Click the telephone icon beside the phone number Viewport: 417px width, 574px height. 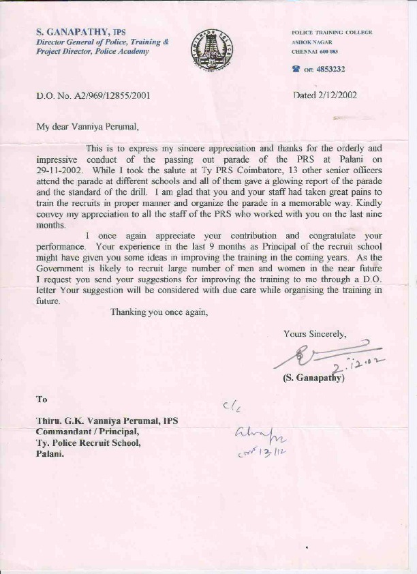click(x=296, y=69)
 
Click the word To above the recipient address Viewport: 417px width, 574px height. click(x=42, y=399)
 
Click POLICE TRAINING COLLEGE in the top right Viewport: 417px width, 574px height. click(x=331, y=33)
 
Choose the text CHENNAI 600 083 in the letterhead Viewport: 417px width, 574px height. click(x=314, y=52)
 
